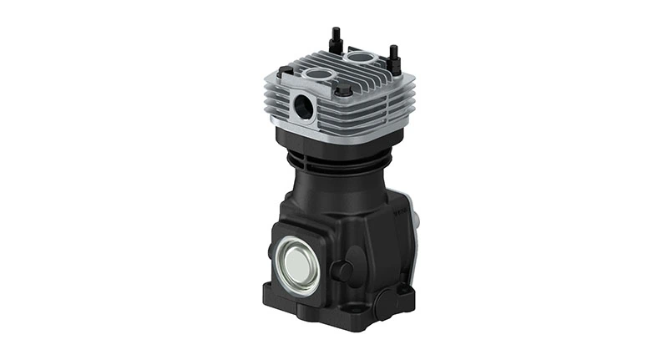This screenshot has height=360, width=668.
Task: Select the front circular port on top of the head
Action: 318,75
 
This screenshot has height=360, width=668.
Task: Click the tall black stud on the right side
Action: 392,55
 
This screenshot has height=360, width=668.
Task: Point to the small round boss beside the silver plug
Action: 341,269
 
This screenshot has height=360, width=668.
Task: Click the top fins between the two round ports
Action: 338,67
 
